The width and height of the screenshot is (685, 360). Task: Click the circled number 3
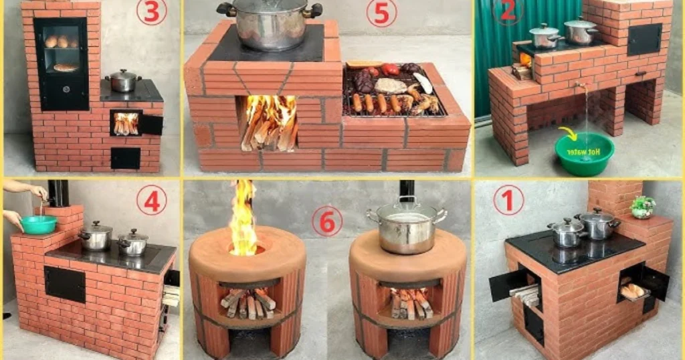151,12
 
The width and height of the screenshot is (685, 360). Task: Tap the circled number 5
381,13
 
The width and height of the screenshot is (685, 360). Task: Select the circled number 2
508,11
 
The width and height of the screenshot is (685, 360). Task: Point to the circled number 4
152,201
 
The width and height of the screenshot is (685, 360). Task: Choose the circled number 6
327,221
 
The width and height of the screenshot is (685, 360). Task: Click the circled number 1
508,200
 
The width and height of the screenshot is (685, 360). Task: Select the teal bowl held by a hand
38,224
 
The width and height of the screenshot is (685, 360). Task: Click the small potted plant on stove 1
643,207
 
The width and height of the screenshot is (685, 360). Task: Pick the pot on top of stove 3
123,80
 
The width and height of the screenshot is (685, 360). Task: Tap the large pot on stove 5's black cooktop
269,24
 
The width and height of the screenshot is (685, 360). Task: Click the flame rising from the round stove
243,218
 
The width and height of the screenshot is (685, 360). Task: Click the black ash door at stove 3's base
125,158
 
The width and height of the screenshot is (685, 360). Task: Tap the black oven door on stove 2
645,39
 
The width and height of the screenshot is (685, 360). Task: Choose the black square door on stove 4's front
65,284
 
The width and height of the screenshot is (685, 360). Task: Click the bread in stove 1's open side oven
631,291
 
